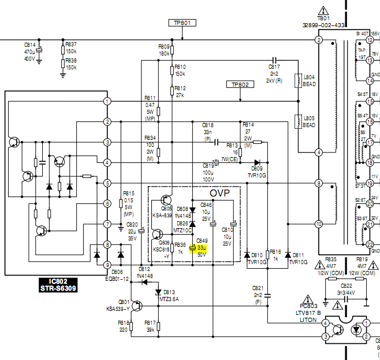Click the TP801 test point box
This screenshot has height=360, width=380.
[182, 23]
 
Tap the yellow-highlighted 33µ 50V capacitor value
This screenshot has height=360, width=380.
[202, 250]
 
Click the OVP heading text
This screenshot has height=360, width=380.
[220, 192]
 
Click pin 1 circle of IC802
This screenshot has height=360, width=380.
[107, 102]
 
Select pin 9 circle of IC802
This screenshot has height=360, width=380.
[107, 265]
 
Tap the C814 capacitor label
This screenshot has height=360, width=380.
[29, 44]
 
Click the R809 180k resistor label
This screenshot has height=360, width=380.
[164, 50]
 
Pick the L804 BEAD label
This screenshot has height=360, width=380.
[309, 80]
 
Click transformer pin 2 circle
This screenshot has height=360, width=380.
[318, 40]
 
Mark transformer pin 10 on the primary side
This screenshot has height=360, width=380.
[318, 224]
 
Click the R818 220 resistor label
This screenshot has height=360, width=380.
[124, 326]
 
